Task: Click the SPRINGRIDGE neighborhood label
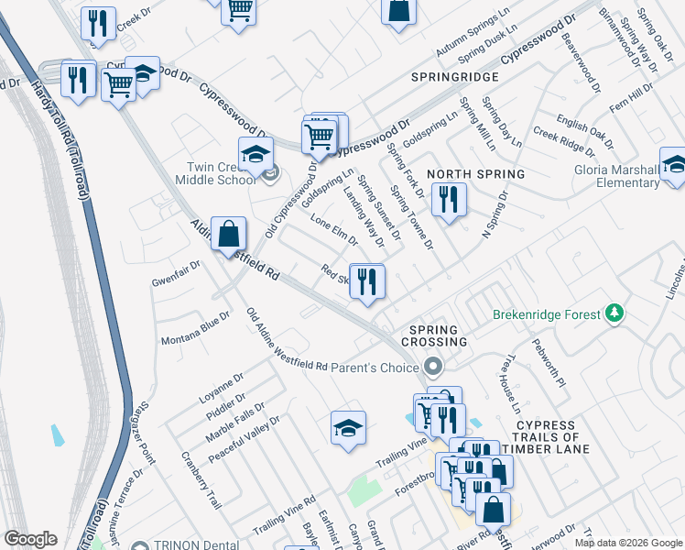454,77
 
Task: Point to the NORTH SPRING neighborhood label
476,173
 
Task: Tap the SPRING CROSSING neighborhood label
438,335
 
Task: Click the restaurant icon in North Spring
448,200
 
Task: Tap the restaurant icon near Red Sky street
367,280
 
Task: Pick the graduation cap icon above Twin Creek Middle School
256,153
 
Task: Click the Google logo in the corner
30,539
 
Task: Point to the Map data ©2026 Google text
627,543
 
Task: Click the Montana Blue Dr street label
195,340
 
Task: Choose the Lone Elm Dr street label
334,229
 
